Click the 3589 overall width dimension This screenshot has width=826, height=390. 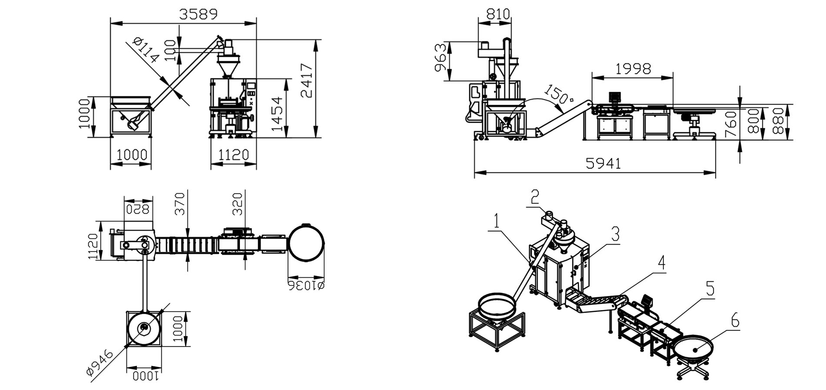pos(198,14)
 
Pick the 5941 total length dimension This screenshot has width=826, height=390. pos(603,163)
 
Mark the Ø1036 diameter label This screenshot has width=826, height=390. pos(306,286)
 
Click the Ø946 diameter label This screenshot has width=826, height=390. pos(100,362)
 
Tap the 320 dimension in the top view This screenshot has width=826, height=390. pos(238,204)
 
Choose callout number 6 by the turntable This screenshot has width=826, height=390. pos(735,321)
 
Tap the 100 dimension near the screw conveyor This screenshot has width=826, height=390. pos(171,50)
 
